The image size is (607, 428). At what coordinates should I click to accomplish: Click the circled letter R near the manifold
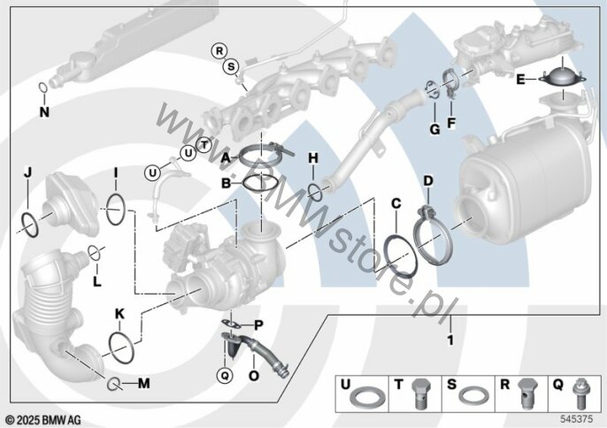point(219,51)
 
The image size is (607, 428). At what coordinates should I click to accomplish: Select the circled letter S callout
point(231,66)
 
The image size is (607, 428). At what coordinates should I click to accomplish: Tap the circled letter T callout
point(204,145)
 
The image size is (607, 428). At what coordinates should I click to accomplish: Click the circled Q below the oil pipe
point(225,375)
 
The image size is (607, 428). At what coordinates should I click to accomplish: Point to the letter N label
point(44,112)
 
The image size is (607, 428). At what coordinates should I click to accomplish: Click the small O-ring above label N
point(43,88)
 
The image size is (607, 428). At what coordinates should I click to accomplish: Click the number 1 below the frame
point(449,340)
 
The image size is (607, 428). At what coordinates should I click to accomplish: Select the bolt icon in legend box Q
point(582,394)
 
